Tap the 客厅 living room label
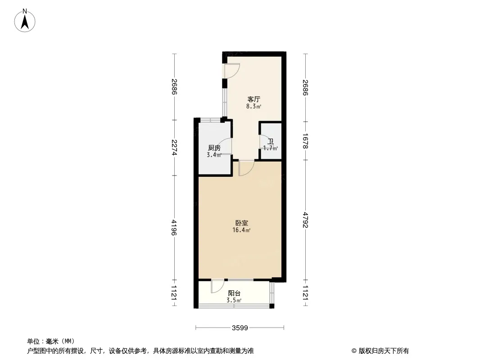point(254,99)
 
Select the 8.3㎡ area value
point(254,107)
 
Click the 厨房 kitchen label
point(214,148)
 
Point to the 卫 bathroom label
point(271,141)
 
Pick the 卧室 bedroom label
point(241,223)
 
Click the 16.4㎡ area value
point(241,230)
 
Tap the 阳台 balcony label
point(235,293)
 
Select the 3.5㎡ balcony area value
point(234,300)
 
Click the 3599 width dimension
point(240,328)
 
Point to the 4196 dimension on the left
point(174,227)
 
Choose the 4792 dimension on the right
point(305,220)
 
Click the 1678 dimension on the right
point(305,141)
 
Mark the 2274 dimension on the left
point(174,148)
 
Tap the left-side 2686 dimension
point(174,87)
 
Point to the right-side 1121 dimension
point(305,292)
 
